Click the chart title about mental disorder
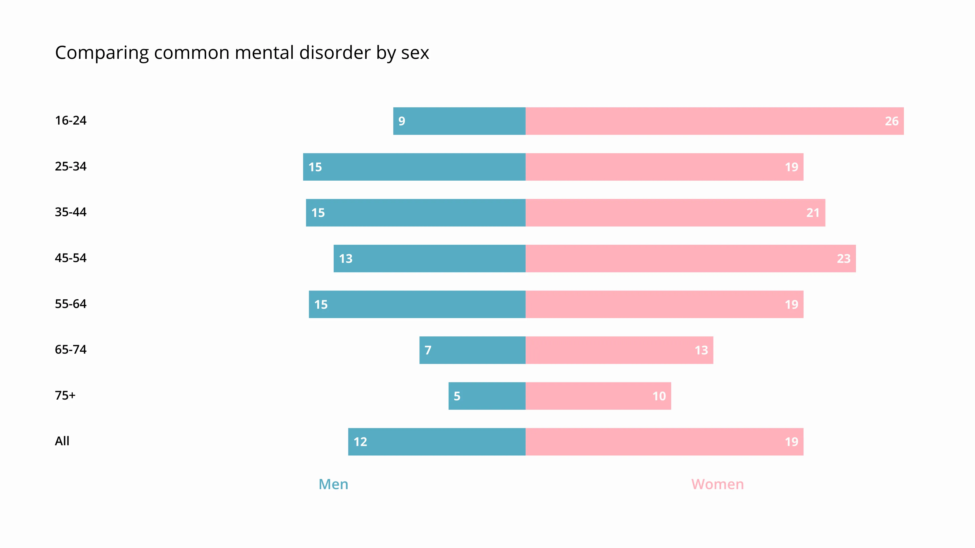[242, 53]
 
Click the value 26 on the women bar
[891, 121]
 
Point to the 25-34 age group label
[71, 166]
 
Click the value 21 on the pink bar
[812, 213]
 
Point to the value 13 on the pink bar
[701, 350]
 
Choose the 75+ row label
[65, 396]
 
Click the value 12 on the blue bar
[360, 442]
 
